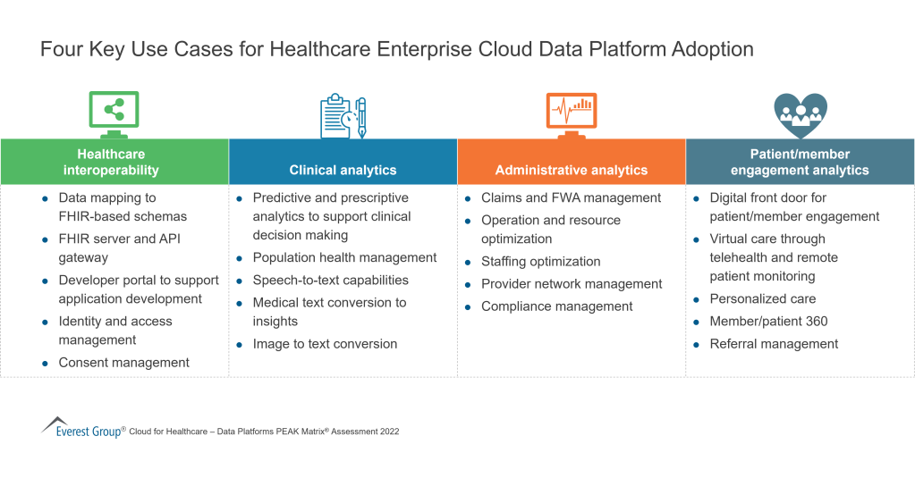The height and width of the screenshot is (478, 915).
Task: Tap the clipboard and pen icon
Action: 343,116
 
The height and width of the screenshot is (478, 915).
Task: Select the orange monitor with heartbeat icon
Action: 572,113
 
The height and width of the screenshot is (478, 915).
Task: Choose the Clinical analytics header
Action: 343,170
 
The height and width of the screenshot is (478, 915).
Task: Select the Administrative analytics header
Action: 572,170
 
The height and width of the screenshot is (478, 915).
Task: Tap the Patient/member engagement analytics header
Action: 800,162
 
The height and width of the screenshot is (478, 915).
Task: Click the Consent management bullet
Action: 123,363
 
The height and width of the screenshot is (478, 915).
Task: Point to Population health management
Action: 344,257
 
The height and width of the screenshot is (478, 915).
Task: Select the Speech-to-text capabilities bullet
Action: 330,280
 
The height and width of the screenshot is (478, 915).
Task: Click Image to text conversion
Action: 325,344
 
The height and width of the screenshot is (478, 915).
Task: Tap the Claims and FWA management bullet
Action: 571,197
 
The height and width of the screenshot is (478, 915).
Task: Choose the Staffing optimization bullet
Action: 540,262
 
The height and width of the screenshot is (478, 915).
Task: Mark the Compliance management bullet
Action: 556,306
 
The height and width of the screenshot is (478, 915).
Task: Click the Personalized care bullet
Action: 762,298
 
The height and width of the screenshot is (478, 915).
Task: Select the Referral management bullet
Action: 774,344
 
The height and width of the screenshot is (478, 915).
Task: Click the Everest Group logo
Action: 81,428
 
